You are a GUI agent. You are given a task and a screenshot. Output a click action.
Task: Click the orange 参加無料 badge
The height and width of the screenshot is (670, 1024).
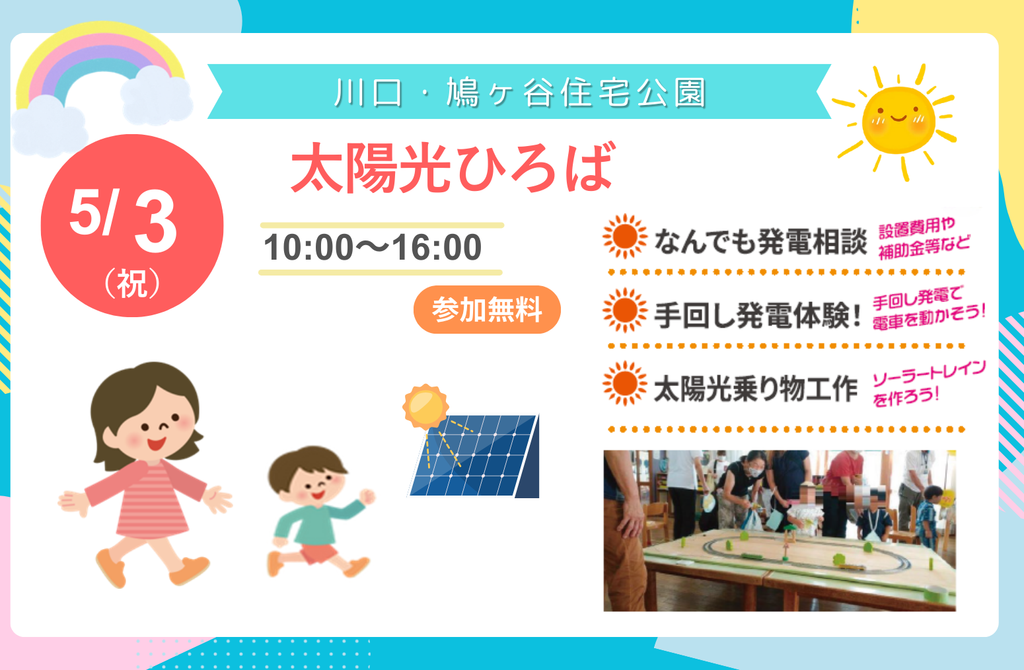pos(487,310)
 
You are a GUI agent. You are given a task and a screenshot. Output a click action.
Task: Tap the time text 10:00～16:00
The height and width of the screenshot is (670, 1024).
pos(373,247)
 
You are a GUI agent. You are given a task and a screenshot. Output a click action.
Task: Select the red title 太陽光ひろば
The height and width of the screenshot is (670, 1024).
pos(453,168)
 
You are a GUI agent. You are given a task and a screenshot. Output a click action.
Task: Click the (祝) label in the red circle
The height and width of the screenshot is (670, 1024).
pos(133,283)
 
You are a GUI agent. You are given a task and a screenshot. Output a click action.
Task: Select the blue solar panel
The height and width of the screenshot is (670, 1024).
pos(474,456)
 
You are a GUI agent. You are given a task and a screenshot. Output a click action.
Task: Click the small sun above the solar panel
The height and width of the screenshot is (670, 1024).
pos(425,406)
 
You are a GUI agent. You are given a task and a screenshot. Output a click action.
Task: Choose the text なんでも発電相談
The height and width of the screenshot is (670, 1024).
pos(760,241)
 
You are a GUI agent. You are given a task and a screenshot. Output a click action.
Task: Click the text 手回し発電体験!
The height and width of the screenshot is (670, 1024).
pos(757,316)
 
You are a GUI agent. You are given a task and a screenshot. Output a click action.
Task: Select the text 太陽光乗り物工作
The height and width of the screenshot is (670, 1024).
pos(755,389)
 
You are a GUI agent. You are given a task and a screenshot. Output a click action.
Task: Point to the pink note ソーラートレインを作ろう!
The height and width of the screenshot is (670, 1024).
pos(928,383)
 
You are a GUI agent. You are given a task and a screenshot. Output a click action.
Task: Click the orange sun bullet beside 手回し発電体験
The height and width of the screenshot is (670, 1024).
pos(625,311)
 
